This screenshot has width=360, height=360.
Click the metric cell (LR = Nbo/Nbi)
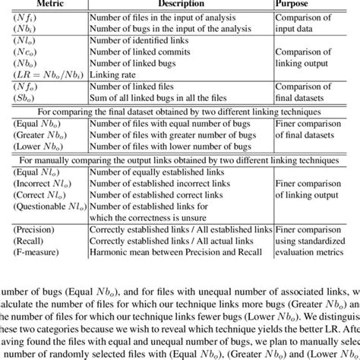(46, 74)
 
